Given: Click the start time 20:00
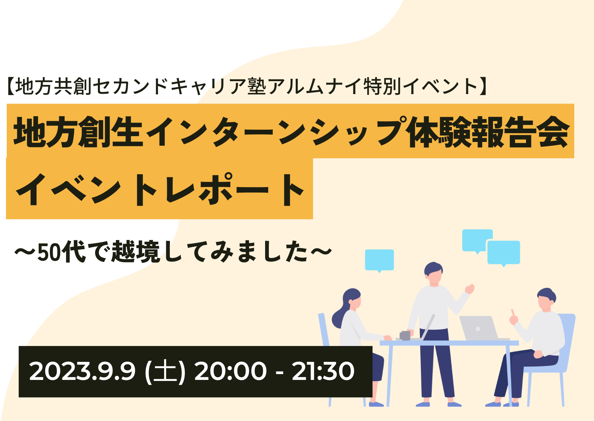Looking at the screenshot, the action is tap(230, 371).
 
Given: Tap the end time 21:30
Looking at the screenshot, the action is tap(323, 371).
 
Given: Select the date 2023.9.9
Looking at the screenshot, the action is tap(83, 371).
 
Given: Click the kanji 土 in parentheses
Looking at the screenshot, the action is tap(165, 371).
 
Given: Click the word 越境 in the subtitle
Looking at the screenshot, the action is tap(135, 252).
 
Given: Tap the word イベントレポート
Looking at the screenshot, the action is tap(160, 189).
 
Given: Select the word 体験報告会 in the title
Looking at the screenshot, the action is tap(489, 132).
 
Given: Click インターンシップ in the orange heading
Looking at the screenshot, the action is tap(276, 132).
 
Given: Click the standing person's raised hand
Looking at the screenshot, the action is tap(470, 289).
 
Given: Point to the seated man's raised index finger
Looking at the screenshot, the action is tap(512, 312).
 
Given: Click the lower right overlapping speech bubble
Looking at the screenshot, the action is tap(503, 253).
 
